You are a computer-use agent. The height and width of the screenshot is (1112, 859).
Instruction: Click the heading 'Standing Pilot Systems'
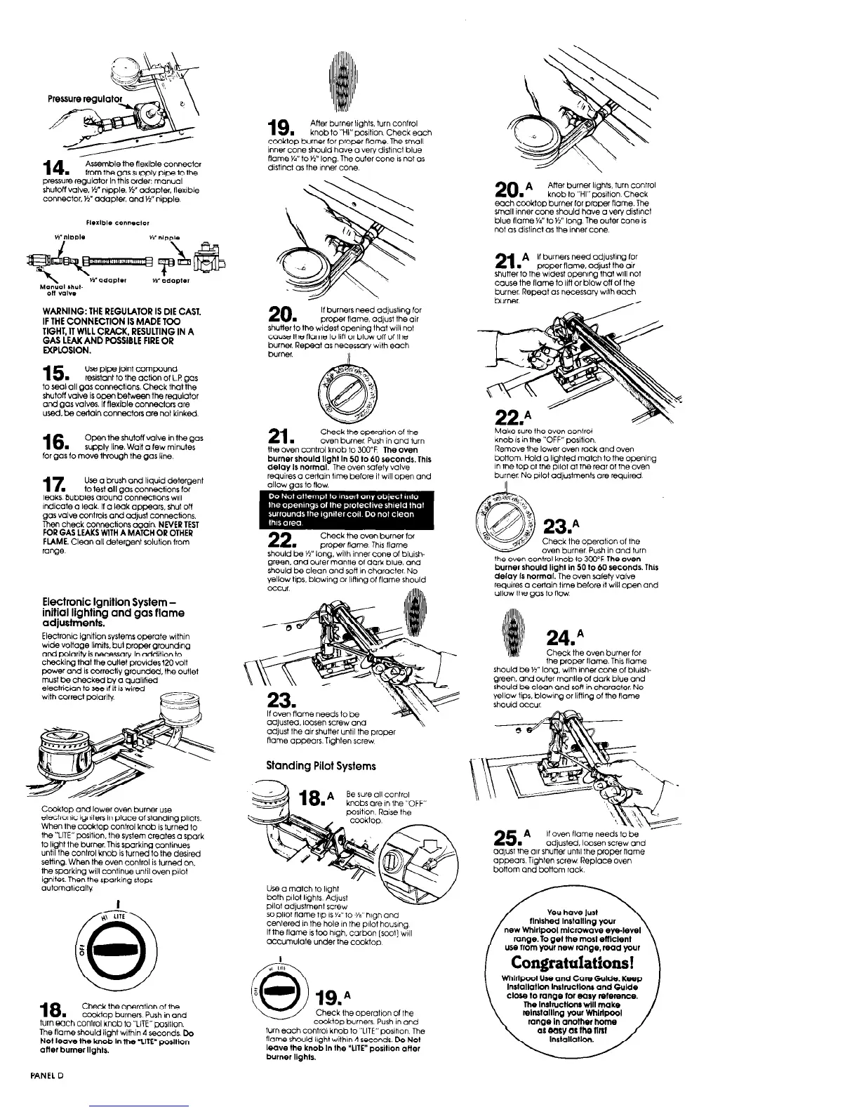321,765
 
